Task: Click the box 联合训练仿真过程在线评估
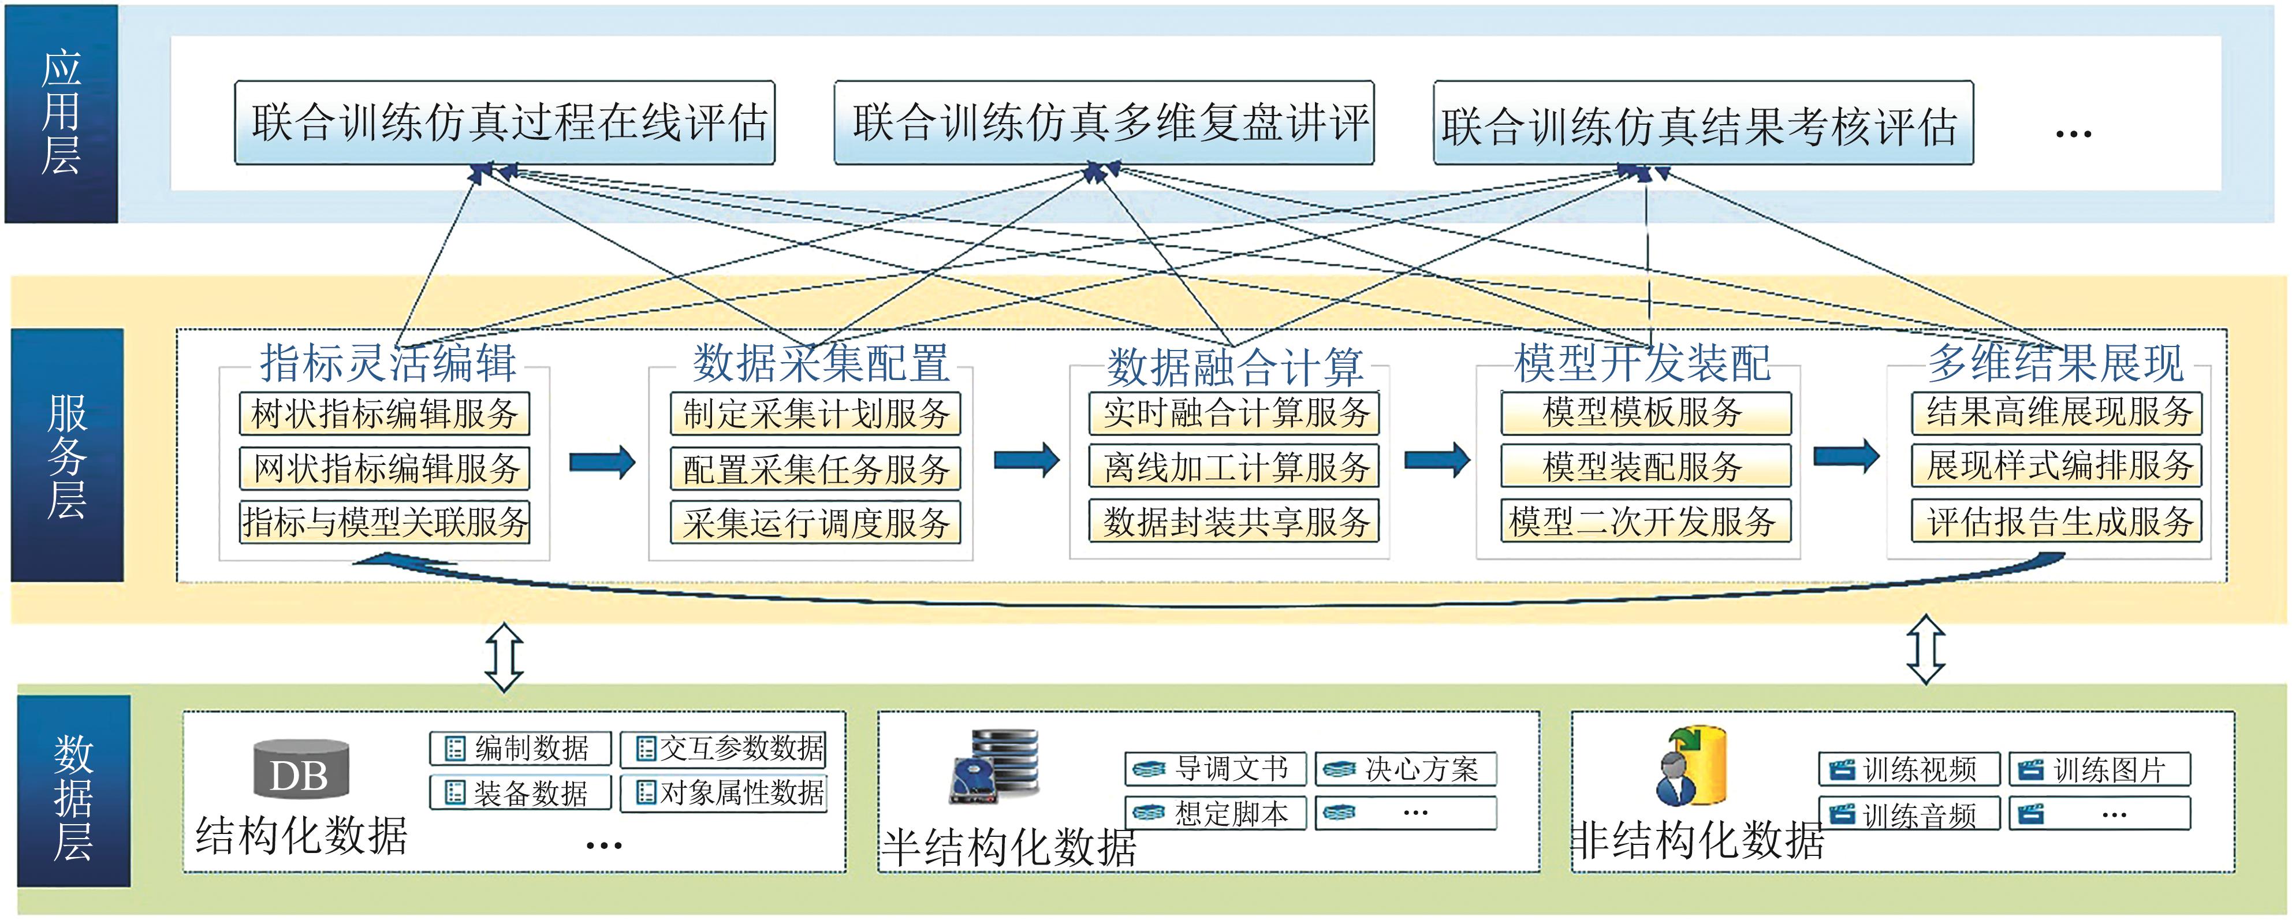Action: point(505,123)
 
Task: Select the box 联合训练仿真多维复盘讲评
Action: point(1104,123)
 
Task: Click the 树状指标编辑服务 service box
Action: point(385,414)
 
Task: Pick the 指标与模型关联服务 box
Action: point(385,522)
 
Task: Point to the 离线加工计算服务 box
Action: point(1234,467)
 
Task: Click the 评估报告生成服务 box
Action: point(2057,522)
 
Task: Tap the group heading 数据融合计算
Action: point(1234,366)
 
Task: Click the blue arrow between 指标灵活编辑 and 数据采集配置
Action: point(602,462)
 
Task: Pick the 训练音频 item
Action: point(1909,814)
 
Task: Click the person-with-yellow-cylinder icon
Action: point(1690,766)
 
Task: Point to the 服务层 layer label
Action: point(67,456)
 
